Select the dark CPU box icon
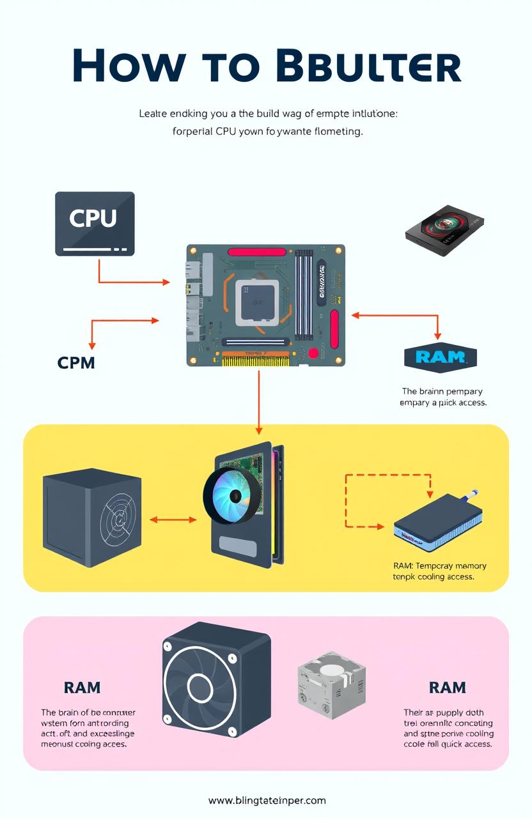95,224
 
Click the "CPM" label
76,363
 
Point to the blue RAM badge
441,357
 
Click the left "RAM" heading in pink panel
82,688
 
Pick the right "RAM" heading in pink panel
447,688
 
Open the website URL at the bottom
267,800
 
